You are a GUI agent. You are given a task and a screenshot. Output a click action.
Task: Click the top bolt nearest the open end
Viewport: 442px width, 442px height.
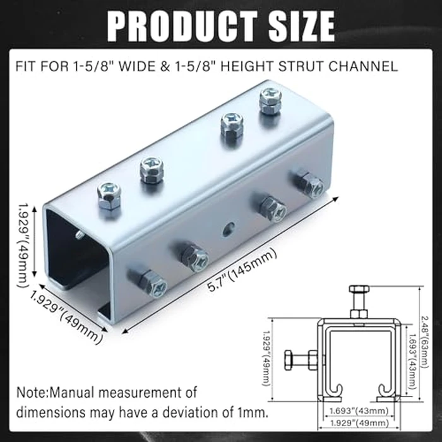coord(110,195)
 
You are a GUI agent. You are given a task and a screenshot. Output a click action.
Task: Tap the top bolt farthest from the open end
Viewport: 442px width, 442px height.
coord(270,100)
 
